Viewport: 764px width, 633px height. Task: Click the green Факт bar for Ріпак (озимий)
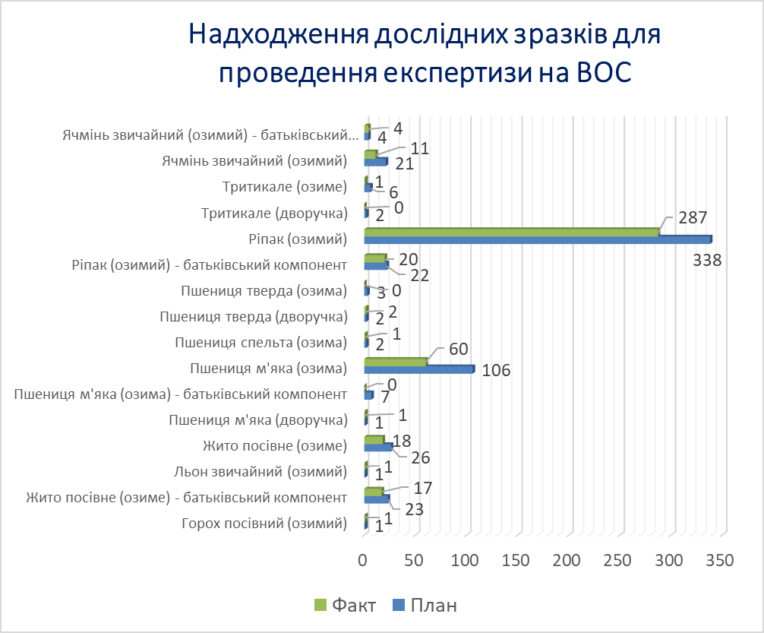click(511, 232)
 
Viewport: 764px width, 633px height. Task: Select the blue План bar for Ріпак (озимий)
click(537, 240)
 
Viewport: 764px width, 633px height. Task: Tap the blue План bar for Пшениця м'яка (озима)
click(418, 370)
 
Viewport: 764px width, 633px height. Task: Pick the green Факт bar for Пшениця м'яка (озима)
click(395, 362)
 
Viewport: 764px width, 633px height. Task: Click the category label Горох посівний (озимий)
click(265, 524)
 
